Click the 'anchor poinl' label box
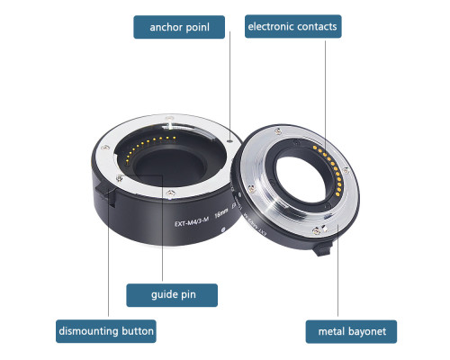pos(179,27)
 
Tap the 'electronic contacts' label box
pos(293,26)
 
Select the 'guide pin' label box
pos(172,295)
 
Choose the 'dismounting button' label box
pos(106,331)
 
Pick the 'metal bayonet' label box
pos(351,331)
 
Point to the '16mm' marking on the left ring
pos(221,213)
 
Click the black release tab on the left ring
pos(105,194)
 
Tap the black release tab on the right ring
pos(322,248)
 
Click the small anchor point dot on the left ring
pos(230,140)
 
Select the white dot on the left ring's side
pos(223,229)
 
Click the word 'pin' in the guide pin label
pos(187,295)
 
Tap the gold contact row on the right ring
pos(328,169)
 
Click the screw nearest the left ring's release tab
pos(119,178)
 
